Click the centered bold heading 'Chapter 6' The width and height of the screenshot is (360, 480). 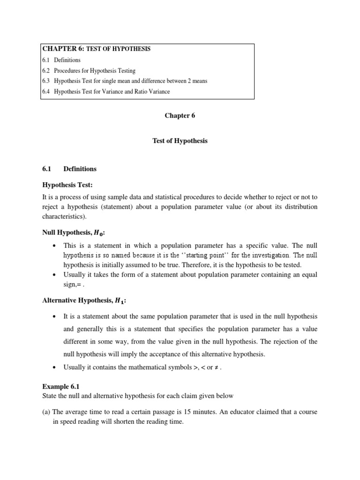[180, 116]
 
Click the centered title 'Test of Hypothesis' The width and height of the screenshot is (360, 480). [180, 141]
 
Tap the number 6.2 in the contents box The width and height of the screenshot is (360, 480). [46, 71]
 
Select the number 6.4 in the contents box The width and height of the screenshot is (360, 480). [46, 91]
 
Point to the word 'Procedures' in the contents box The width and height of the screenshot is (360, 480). [68, 71]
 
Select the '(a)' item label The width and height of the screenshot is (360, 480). [46, 412]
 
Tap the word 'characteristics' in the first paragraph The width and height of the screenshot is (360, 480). [64, 217]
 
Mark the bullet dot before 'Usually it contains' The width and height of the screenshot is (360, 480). [55, 367]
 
